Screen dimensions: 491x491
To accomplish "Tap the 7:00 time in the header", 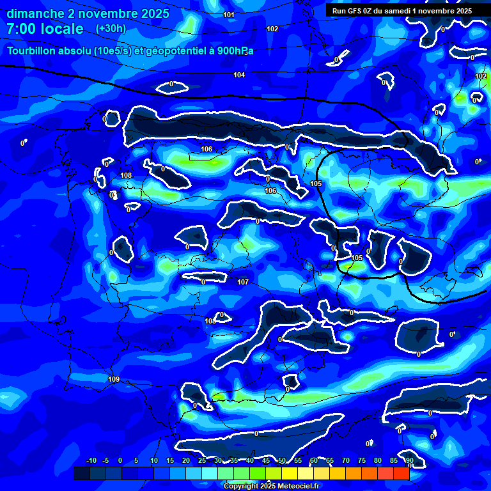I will [20, 29].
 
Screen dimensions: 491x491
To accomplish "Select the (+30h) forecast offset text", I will [111, 29].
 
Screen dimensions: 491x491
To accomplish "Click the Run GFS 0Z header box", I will [402, 11].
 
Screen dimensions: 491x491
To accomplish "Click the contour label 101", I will [229, 15].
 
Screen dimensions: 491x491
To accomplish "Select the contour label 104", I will [239, 75].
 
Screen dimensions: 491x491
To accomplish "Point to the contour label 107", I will [243, 282].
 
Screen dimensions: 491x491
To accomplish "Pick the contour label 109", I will [114, 380].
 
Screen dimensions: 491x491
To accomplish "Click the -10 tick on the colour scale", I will [91, 461].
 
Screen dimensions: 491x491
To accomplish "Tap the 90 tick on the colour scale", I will [409, 461].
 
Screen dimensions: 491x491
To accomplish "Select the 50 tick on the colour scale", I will [282, 461].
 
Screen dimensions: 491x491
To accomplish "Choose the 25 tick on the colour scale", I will [202, 461].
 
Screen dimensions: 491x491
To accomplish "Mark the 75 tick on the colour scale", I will [362, 461].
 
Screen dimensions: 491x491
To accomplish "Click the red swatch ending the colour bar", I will [401, 473].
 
